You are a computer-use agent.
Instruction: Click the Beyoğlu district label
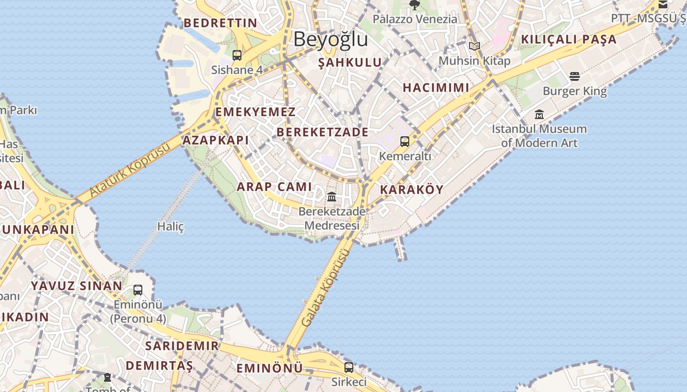(330, 39)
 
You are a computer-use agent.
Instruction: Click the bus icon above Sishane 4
(237, 55)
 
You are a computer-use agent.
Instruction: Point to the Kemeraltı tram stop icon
(405, 142)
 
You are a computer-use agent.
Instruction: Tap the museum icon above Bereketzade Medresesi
(332, 196)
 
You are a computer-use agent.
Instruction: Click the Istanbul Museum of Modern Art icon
(539, 115)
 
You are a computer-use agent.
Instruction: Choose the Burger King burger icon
(575, 76)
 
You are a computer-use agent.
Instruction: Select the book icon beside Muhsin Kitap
(474, 47)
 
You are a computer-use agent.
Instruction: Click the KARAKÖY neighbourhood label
(412, 190)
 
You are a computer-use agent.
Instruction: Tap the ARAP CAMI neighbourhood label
(274, 187)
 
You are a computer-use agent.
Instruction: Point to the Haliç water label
(170, 226)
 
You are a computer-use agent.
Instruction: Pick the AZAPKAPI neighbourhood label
(215, 140)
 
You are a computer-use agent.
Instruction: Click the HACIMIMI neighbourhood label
(436, 88)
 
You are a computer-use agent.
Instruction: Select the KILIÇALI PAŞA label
(568, 39)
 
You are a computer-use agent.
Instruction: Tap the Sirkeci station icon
(349, 367)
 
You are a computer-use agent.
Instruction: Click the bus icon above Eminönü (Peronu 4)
(138, 290)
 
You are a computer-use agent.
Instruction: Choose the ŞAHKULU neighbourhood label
(350, 62)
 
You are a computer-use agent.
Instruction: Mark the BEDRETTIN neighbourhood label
(220, 23)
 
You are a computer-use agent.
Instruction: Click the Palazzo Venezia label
(415, 19)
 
